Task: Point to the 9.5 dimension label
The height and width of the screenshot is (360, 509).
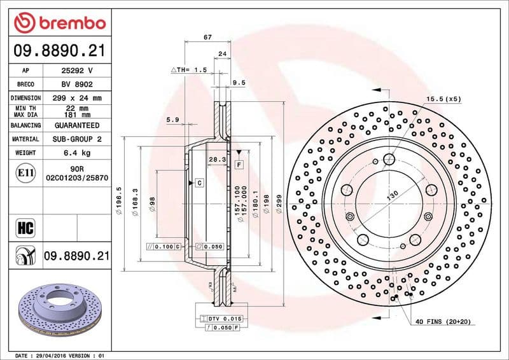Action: pyautogui.click(x=239, y=83)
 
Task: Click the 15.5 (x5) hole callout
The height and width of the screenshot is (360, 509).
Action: pyautogui.click(x=443, y=99)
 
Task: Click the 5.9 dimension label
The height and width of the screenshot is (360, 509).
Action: pyautogui.click(x=172, y=120)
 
